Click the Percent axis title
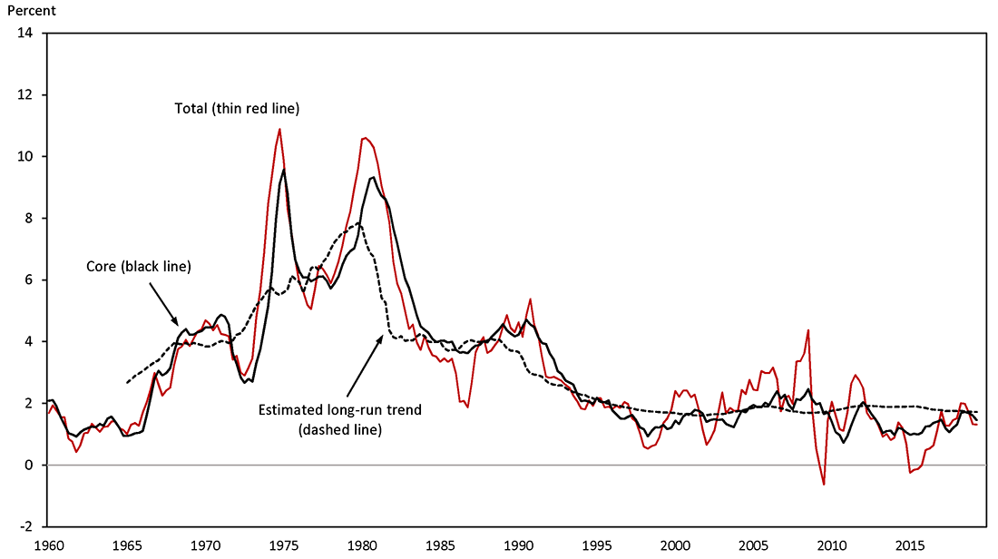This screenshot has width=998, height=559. pyautogui.click(x=30, y=12)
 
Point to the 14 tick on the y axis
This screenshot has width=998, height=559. pyautogui.click(x=27, y=34)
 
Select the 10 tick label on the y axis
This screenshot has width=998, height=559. pyautogui.click(x=27, y=157)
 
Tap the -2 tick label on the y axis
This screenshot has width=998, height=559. pyautogui.click(x=27, y=526)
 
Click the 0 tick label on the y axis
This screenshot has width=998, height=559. pyautogui.click(x=31, y=465)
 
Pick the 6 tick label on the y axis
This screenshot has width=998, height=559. pyautogui.click(x=31, y=280)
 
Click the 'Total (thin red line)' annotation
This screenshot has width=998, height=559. pyautogui.click(x=237, y=108)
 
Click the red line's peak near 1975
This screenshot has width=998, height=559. pyautogui.click(x=279, y=129)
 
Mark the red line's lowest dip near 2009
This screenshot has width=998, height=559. pyautogui.click(x=824, y=485)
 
